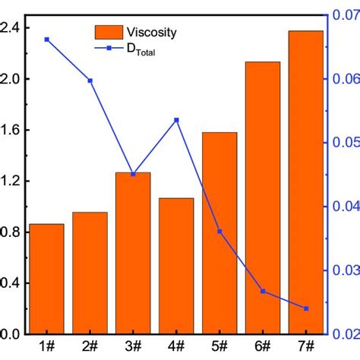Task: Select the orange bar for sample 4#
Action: click(x=176, y=266)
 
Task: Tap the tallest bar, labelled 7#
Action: click(x=306, y=182)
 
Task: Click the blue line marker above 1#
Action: click(x=46, y=39)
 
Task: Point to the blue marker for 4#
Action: click(x=176, y=120)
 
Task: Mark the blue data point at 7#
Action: click(x=306, y=308)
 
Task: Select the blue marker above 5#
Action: click(x=219, y=231)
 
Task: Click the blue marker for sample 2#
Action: click(x=90, y=80)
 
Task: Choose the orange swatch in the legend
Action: click(x=109, y=32)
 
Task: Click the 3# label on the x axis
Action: click(x=133, y=346)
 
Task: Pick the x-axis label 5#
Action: click(x=219, y=346)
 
